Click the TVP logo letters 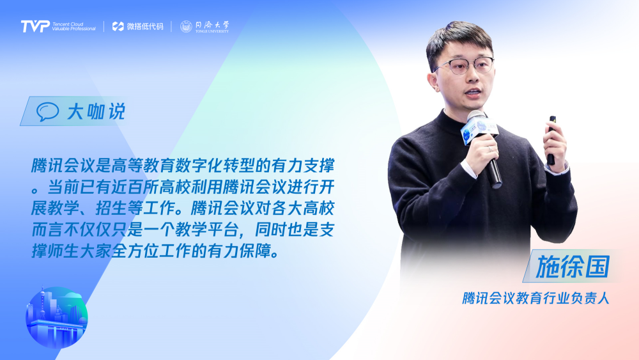(35, 26)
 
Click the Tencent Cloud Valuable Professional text (73, 26)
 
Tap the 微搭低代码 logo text (138, 26)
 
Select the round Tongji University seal (186, 26)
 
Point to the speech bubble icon (47, 112)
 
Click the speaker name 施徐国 (572, 267)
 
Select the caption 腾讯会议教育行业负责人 (535, 298)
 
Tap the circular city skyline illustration (57, 318)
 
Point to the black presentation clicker (551, 140)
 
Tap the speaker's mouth (473, 93)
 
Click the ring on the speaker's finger (490, 150)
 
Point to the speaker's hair (458, 40)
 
